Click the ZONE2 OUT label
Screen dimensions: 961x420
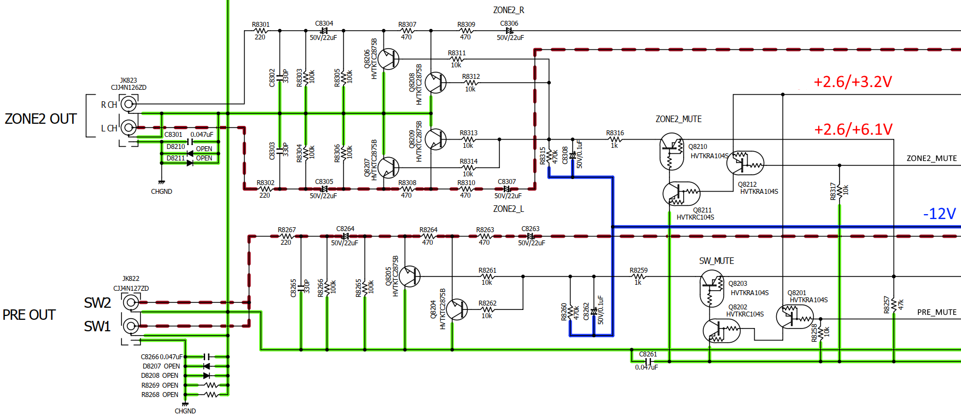point(40,119)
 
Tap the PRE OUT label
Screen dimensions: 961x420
point(29,315)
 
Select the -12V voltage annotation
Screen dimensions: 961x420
point(939,214)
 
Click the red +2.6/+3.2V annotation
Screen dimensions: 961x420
point(853,82)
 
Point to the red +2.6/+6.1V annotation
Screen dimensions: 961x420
point(853,129)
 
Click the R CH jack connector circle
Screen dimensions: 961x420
point(129,103)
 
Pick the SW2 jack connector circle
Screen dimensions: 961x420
point(130,302)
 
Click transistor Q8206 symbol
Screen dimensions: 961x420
point(388,59)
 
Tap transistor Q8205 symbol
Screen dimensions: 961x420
point(409,277)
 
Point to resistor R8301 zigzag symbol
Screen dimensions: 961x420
point(260,31)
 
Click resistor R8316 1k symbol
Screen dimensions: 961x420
point(614,140)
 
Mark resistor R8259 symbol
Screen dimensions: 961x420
point(638,277)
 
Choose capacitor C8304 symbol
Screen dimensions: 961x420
point(324,31)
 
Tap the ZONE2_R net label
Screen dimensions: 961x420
point(509,10)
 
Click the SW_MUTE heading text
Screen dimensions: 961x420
point(717,261)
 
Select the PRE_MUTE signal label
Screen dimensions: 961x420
point(937,312)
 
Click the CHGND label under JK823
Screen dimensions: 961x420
point(161,192)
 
